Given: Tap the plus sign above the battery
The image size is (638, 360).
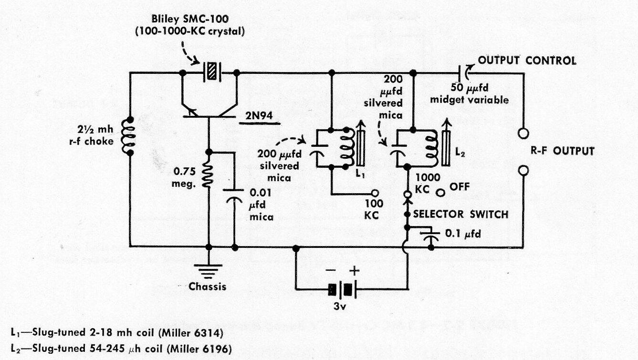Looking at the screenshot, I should pyautogui.click(x=355, y=270).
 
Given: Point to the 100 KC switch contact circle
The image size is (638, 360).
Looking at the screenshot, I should pyautogui.click(x=375, y=194).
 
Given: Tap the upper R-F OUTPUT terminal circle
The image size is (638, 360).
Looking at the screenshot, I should pyautogui.click(x=523, y=132).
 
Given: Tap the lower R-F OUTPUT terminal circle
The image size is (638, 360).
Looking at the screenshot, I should pyautogui.click(x=523, y=170).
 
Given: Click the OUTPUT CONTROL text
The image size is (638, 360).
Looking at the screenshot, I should pyautogui.click(x=527, y=61).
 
